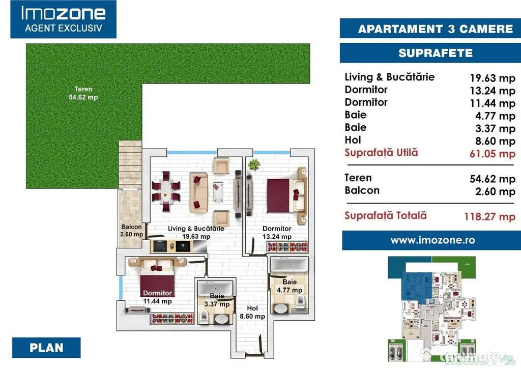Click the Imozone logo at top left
tap(63, 19)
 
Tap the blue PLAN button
tap(46, 348)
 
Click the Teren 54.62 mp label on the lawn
tap(83, 93)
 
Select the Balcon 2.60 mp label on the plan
tap(132, 231)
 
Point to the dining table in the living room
tap(166, 191)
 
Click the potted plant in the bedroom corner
tap(254, 164)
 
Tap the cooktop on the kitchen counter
tap(160, 246)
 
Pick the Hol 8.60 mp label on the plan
tap(252, 312)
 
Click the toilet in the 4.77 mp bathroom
tap(300, 301)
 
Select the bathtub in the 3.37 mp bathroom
tap(216, 288)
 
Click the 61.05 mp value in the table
tap(493, 154)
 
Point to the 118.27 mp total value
tap(490, 217)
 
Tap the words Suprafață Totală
tap(386, 215)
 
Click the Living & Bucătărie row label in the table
tap(389, 77)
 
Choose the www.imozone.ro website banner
tap(431, 240)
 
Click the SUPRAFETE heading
tap(436, 53)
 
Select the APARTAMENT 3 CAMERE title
tap(436, 29)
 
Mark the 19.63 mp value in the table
tap(493, 78)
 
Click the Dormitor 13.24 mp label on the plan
tap(277, 233)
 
